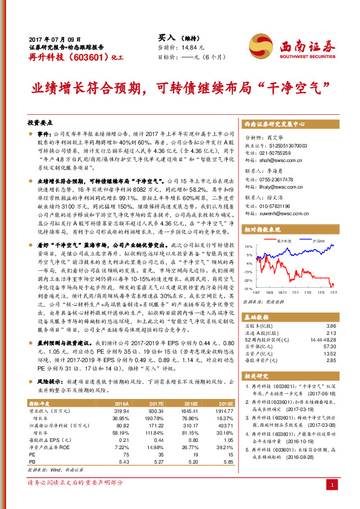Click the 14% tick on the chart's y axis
coord(248,247)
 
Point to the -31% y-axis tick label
coord(248,289)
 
